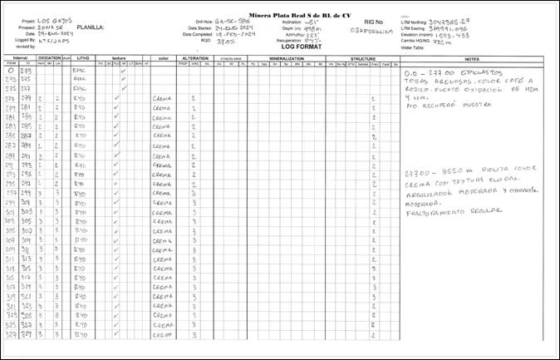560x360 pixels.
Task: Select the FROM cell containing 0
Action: [x=11, y=72]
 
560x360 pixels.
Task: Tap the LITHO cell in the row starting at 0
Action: [x=81, y=72]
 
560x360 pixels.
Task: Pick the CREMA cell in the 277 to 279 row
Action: [x=163, y=98]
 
